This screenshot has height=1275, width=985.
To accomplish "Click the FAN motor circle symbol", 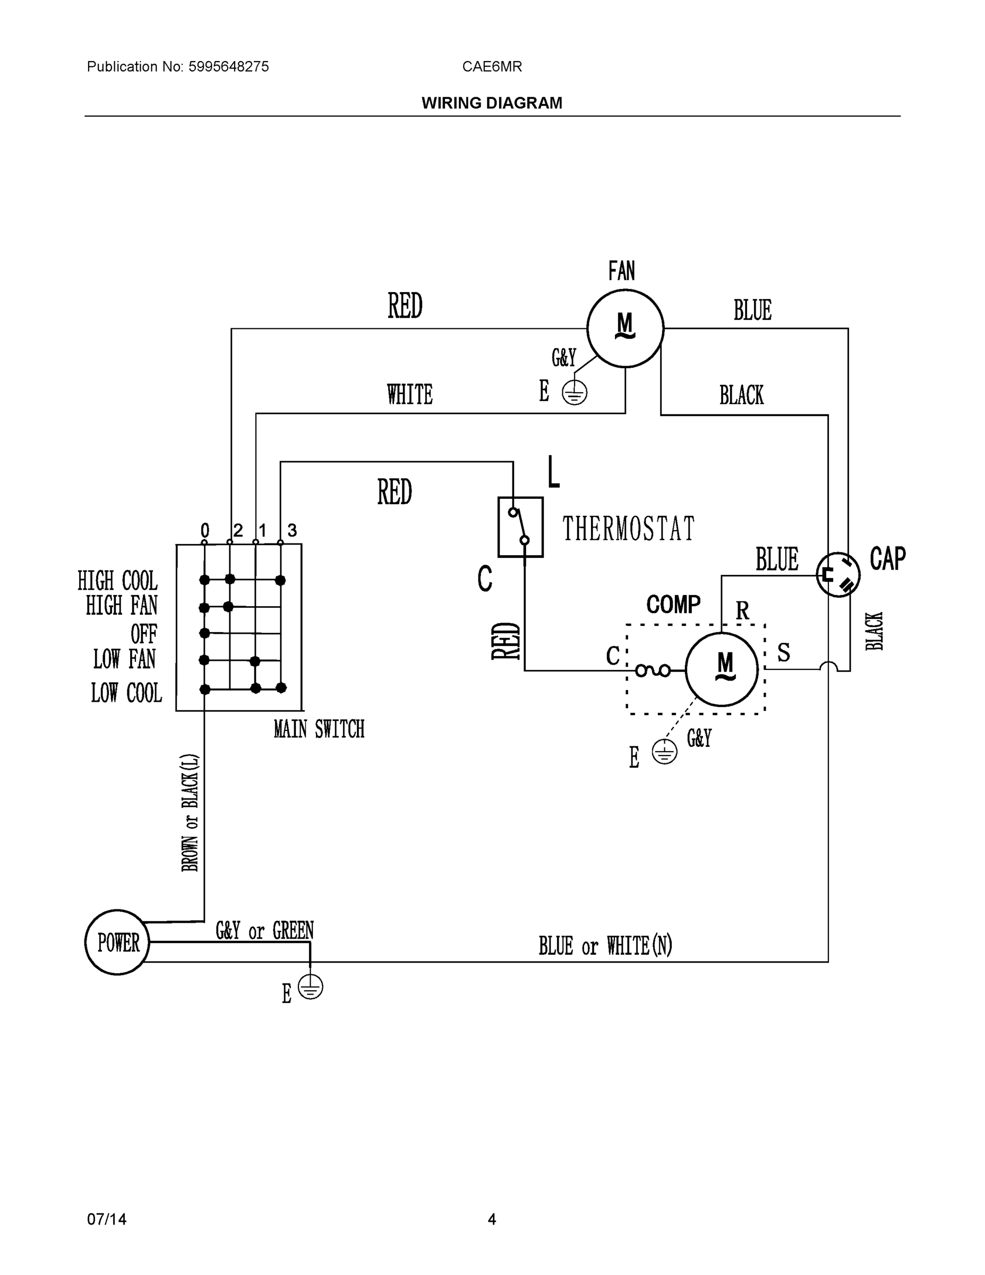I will click(625, 329).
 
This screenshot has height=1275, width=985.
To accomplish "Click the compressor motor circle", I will click(722, 669).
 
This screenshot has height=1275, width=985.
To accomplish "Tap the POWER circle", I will click(117, 942).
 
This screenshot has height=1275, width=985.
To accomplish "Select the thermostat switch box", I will click(520, 526).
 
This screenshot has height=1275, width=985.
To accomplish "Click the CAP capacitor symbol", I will click(838, 574).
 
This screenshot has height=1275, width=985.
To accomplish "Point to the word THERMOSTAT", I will click(629, 529).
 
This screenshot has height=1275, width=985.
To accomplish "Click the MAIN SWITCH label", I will click(319, 729).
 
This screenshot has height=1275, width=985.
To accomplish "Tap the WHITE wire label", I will click(409, 395).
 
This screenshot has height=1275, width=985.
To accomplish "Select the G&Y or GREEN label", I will click(264, 931).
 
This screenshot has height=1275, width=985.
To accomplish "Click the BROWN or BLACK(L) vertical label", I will click(190, 813).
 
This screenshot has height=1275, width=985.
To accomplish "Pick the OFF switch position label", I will click(143, 633).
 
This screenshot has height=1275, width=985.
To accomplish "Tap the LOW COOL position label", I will click(126, 693).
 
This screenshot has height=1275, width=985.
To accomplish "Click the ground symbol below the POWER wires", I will click(311, 987).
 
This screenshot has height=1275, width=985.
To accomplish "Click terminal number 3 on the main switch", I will click(292, 530).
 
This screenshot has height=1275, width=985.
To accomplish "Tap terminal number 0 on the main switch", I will click(205, 530).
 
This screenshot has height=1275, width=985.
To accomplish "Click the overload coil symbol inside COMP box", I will click(653, 671).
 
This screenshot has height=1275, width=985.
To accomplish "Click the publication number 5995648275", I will click(228, 66).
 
